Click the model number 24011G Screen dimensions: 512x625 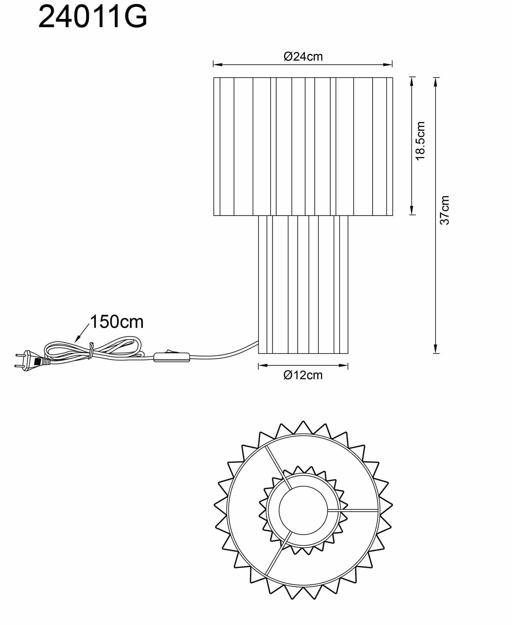[93, 17]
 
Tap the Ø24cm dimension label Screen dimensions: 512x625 [303, 56]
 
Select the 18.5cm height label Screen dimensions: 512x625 [420, 141]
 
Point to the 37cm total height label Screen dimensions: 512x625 [445, 210]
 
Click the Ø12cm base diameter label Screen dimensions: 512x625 [303, 375]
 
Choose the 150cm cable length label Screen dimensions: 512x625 [117, 322]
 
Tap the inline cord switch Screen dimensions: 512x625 [172, 357]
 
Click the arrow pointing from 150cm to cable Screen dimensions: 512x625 [82, 333]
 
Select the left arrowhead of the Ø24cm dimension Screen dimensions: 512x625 [218, 65]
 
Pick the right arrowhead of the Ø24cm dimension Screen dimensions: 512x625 [387, 65]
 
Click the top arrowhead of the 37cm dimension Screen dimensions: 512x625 [436, 82]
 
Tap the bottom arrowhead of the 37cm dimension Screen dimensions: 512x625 [436, 349]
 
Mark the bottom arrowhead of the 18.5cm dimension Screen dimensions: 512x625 [412, 210]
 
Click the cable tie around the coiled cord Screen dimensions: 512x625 [91, 350]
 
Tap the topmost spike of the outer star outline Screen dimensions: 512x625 [303, 422]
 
